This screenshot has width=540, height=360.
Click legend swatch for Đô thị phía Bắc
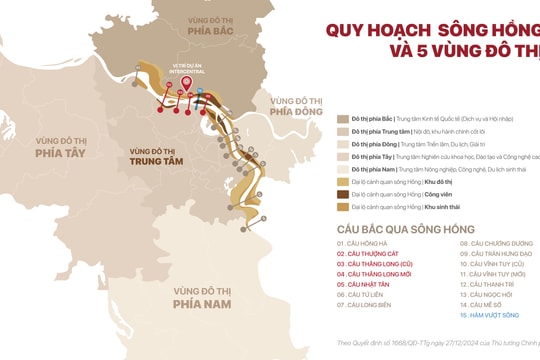(343, 118)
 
